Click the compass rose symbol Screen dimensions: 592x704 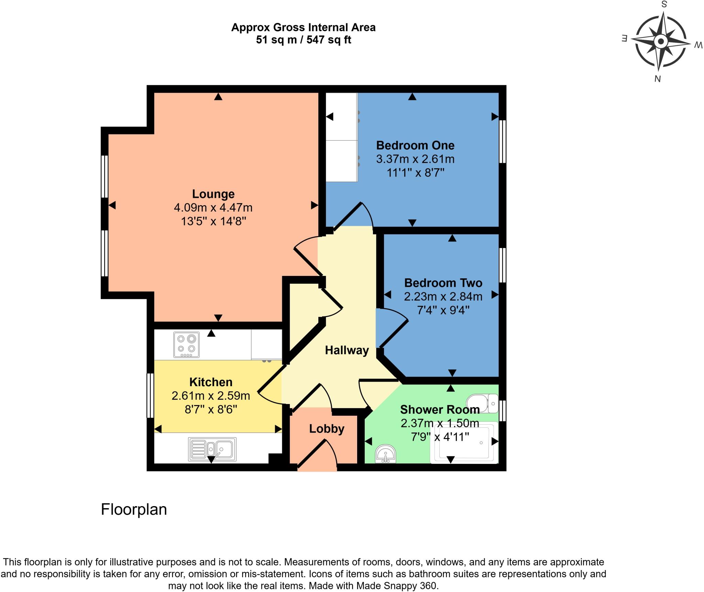660,42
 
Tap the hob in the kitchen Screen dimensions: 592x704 186,345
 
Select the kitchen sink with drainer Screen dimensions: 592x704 212,449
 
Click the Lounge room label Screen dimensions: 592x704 213,194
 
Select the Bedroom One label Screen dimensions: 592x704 415,145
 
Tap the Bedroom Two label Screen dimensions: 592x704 443,283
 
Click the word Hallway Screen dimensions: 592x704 347,350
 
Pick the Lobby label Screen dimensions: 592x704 327,429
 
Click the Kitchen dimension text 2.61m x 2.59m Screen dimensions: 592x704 211,396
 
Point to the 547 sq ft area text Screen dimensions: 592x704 329,40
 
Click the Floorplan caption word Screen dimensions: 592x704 134,509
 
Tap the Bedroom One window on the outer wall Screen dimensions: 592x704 502,141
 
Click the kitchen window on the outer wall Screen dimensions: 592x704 150,395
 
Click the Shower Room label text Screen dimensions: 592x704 440,410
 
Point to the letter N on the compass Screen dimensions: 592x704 657,79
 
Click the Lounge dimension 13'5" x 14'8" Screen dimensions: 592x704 214,221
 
